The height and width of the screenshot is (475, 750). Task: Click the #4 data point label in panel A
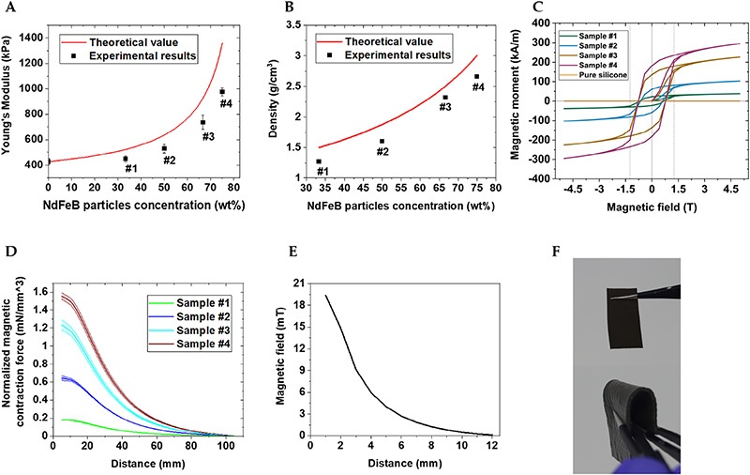[x=224, y=103]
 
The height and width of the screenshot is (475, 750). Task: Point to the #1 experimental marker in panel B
[x=319, y=161]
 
